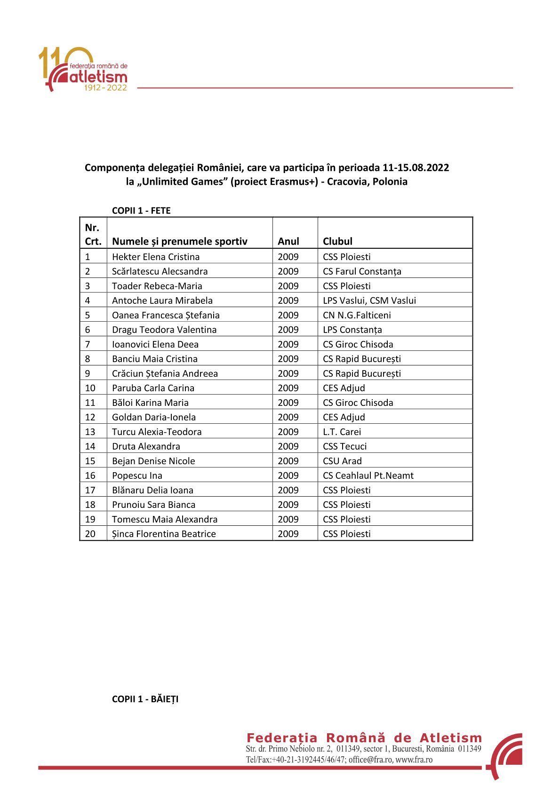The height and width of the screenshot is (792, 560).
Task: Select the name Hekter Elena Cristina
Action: click(156, 257)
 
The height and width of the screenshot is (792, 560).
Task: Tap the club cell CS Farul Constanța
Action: click(362, 271)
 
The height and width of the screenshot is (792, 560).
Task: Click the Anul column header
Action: click(288, 241)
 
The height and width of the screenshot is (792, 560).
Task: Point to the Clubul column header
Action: click(337, 241)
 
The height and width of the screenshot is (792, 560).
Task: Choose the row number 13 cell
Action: click(90, 432)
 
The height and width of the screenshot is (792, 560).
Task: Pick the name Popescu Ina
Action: click(137, 475)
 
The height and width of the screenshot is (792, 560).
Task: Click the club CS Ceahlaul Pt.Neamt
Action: click(368, 475)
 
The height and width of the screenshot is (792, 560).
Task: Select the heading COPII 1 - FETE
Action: click(141, 211)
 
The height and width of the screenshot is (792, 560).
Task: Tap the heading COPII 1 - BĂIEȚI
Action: click(145, 699)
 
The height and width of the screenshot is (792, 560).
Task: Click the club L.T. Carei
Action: click(342, 432)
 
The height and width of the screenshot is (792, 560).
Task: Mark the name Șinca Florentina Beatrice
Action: click(164, 534)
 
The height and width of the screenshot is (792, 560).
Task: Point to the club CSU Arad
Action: click(342, 461)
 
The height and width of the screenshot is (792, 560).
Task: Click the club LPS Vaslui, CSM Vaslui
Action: click(369, 301)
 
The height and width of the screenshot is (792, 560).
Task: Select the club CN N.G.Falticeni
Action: click(357, 315)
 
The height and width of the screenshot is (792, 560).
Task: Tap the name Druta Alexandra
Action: click(146, 446)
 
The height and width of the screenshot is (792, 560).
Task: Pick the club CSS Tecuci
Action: click(344, 446)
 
